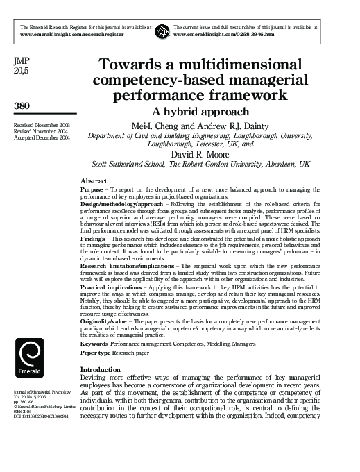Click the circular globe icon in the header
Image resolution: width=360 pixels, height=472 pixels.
tap(162, 31)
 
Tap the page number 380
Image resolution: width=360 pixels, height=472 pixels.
tap(23, 106)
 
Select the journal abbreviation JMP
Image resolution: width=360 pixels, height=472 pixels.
tap(22, 60)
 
